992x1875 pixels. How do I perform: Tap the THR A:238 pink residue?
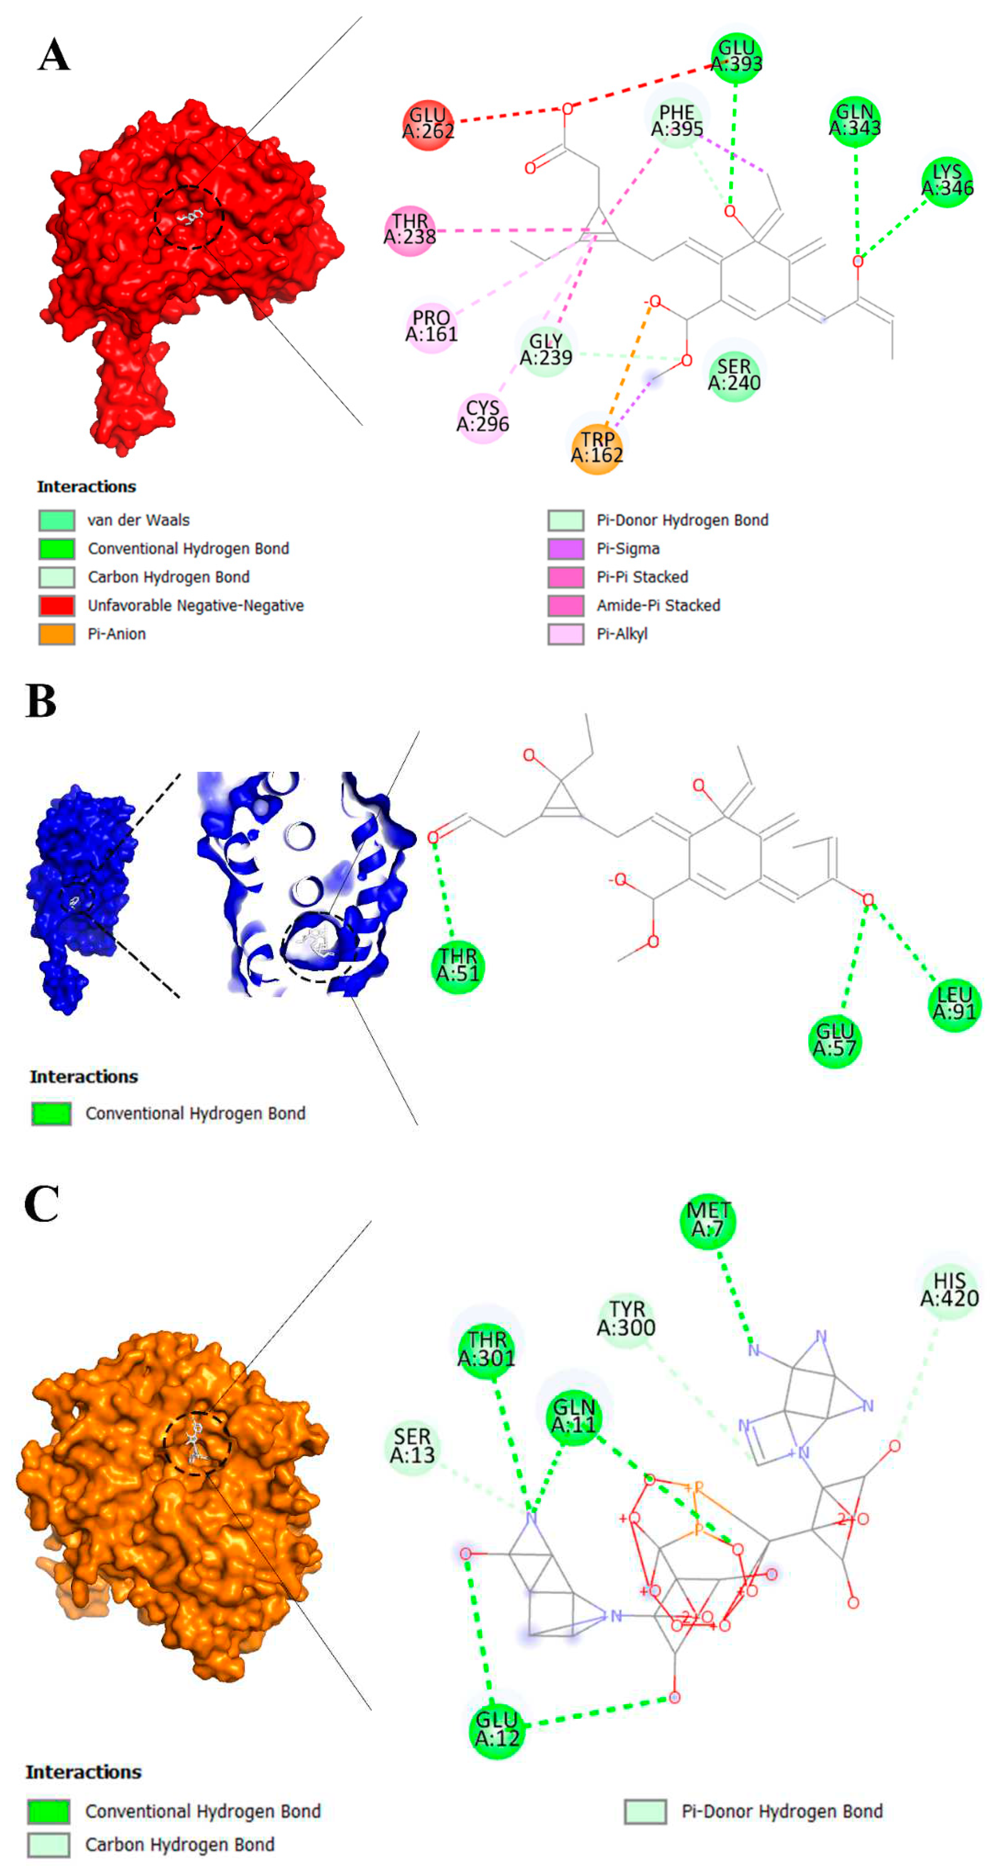(x=410, y=230)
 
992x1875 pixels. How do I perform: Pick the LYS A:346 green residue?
(x=947, y=180)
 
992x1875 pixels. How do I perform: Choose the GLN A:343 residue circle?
(x=854, y=121)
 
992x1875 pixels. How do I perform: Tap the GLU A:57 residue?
(x=835, y=1041)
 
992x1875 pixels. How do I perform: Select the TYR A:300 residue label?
(x=626, y=1319)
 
